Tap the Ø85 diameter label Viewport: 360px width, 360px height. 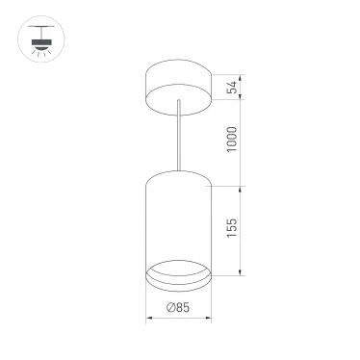(x=177, y=308)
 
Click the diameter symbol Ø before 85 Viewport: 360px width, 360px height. (x=168, y=308)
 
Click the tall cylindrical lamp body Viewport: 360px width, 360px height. (x=179, y=217)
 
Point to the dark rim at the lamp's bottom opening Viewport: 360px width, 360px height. (x=179, y=281)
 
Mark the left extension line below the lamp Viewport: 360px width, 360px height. (x=145, y=303)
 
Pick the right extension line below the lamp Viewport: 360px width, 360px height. (x=213, y=303)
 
